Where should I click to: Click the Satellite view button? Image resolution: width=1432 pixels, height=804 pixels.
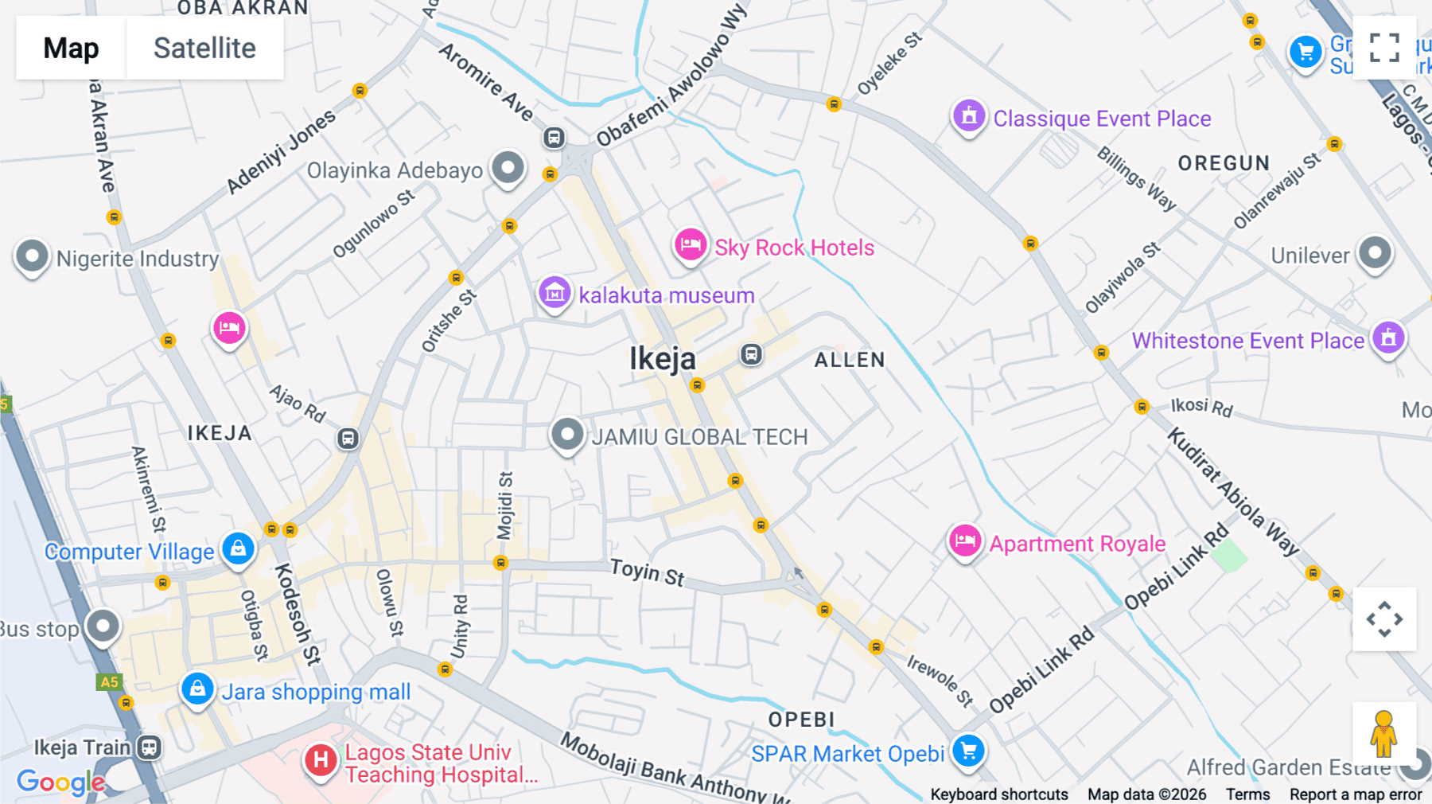pos(204,48)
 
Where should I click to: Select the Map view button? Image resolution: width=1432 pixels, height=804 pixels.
pos(71,48)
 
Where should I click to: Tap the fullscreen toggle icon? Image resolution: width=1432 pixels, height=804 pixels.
pos(1384,48)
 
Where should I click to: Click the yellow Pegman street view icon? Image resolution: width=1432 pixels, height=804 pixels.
pos(1383,734)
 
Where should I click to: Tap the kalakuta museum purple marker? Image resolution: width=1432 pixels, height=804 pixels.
pos(555,293)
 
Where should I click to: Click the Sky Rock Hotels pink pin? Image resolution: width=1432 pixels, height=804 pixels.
pos(691,245)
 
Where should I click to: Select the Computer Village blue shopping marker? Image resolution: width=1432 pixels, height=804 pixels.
pos(238,548)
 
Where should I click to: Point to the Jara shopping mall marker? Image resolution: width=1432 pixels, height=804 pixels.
pos(197,689)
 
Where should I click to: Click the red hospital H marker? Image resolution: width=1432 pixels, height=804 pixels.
pos(321,760)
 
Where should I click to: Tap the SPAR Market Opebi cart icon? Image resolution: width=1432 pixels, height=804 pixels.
pos(968,750)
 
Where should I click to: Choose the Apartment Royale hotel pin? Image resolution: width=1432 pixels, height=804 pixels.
pos(965,541)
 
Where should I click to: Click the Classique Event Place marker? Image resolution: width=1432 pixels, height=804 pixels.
pos(969,117)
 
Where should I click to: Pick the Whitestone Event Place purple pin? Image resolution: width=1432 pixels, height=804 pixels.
pos(1388,338)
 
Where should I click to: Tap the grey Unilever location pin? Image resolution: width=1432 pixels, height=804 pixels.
pos(1375,254)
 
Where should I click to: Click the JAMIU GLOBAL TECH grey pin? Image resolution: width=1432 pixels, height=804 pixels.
pos(567,435)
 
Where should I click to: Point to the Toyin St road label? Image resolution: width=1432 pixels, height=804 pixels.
pos(647,572)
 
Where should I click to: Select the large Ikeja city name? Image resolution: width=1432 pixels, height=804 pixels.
pos(663,359)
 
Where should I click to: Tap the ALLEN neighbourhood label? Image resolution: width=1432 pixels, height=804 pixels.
pos(850,360)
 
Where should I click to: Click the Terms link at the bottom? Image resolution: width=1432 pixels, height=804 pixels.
pos(1247,794)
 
